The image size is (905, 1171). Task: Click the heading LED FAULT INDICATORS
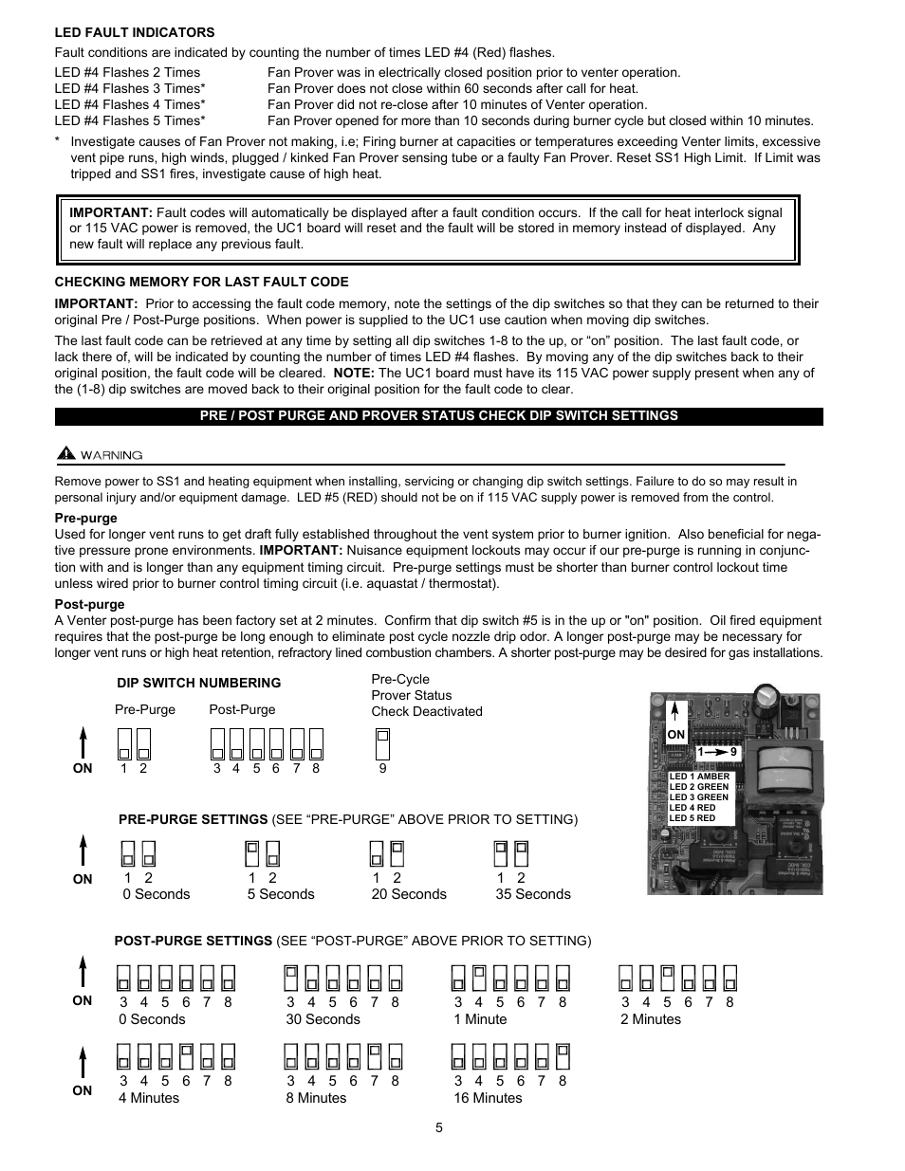click(x=135, y=32)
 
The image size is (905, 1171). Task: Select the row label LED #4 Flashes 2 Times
click(x=127, y=72)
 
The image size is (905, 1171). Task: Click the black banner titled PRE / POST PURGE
click(x=438, y=415)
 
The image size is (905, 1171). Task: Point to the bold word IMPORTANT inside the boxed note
click(x=111, y=212)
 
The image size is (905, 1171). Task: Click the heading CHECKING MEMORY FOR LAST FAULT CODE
click(x=201, y=282)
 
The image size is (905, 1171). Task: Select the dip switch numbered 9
click(x=382, y=744)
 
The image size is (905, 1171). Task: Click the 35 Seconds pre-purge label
click(x=533, y=894)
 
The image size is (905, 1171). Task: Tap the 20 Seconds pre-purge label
click(x=409, y=894)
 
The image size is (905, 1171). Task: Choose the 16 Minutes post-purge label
click(x=488, y=1098)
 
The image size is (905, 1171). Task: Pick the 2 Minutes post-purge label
click(x=651, y=1019)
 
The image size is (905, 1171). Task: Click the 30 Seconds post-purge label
click(x=323, y=1019)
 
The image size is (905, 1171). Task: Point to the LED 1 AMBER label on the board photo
click(x=699, y=777)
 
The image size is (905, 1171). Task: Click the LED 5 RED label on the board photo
click(x=693, y=818)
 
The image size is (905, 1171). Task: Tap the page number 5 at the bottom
click(x=439, y=1127)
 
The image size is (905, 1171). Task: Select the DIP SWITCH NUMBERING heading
click(x=198, y=683)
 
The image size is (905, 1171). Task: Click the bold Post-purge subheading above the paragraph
click(x=89, y=604)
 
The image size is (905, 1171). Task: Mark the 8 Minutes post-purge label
click(x=316, y=1098)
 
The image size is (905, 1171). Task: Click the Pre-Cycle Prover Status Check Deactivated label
click(x=426, y=695)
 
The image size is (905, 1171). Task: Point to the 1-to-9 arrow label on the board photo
click(x=716, y=751)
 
